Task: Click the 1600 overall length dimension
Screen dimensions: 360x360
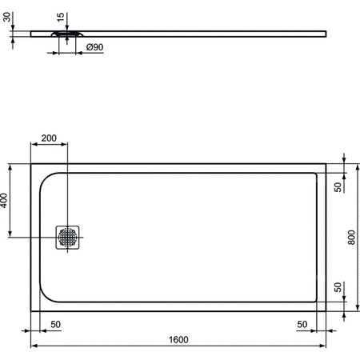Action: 178,339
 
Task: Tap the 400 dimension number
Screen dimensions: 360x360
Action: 6,201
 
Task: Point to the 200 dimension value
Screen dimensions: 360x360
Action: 49,139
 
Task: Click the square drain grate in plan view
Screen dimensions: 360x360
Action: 68,237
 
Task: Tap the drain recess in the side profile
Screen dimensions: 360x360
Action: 69,34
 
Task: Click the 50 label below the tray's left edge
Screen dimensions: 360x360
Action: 55,324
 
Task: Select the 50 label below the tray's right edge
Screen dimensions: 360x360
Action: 302,324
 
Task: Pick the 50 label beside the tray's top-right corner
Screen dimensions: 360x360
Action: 338,186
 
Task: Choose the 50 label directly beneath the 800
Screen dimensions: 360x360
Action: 338,286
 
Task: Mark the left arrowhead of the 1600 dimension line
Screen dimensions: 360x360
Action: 34,346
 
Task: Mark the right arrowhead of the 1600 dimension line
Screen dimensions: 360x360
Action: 324,346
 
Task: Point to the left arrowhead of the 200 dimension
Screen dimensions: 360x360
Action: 34,146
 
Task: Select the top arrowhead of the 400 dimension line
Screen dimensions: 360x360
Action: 11,166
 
